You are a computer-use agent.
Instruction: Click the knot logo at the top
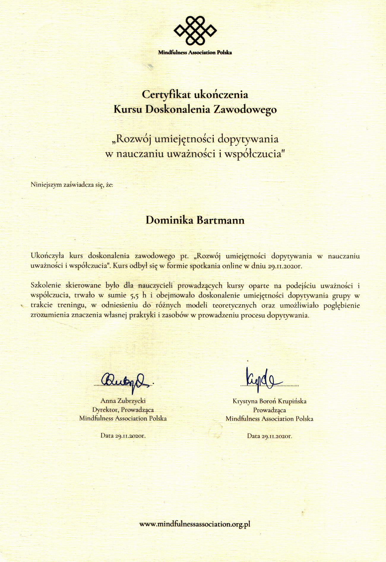195,30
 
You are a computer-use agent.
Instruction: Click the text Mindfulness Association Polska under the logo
195,52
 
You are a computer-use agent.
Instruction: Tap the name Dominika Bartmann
195,220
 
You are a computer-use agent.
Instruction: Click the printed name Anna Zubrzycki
123,401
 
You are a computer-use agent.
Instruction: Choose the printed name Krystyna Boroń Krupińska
269,401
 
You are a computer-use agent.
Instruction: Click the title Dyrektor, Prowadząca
123,410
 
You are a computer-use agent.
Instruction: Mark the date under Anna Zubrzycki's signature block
123,436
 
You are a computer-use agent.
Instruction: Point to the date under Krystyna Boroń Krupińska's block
269,436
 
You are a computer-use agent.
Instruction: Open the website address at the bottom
195,524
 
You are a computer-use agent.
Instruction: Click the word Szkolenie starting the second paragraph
46,286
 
